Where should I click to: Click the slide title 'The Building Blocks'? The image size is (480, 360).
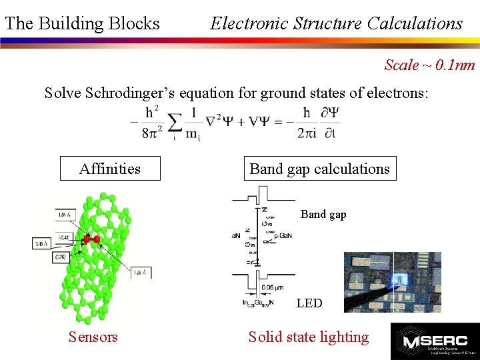(82, 24)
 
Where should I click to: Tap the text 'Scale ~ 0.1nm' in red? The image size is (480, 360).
(429, 65)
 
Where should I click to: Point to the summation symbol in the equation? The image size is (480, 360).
(175, 122)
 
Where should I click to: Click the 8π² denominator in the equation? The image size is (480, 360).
(152, 132)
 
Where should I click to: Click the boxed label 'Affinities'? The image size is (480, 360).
(110, 169)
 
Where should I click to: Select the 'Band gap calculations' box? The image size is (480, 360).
(319, 169)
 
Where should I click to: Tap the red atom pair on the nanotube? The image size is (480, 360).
(91, 239)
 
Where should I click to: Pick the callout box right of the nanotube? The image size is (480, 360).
(141, 272)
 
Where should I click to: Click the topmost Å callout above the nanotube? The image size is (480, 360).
(65, 215)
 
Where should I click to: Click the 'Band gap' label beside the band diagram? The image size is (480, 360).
(323, 215)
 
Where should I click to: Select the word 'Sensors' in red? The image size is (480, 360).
(93, 337)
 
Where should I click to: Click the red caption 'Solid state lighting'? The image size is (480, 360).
(308, 337)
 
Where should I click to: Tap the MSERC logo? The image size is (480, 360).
(435, 341)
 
